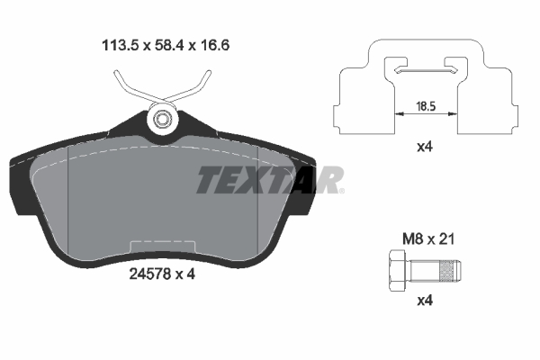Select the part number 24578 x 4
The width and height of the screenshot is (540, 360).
(160, 274)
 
